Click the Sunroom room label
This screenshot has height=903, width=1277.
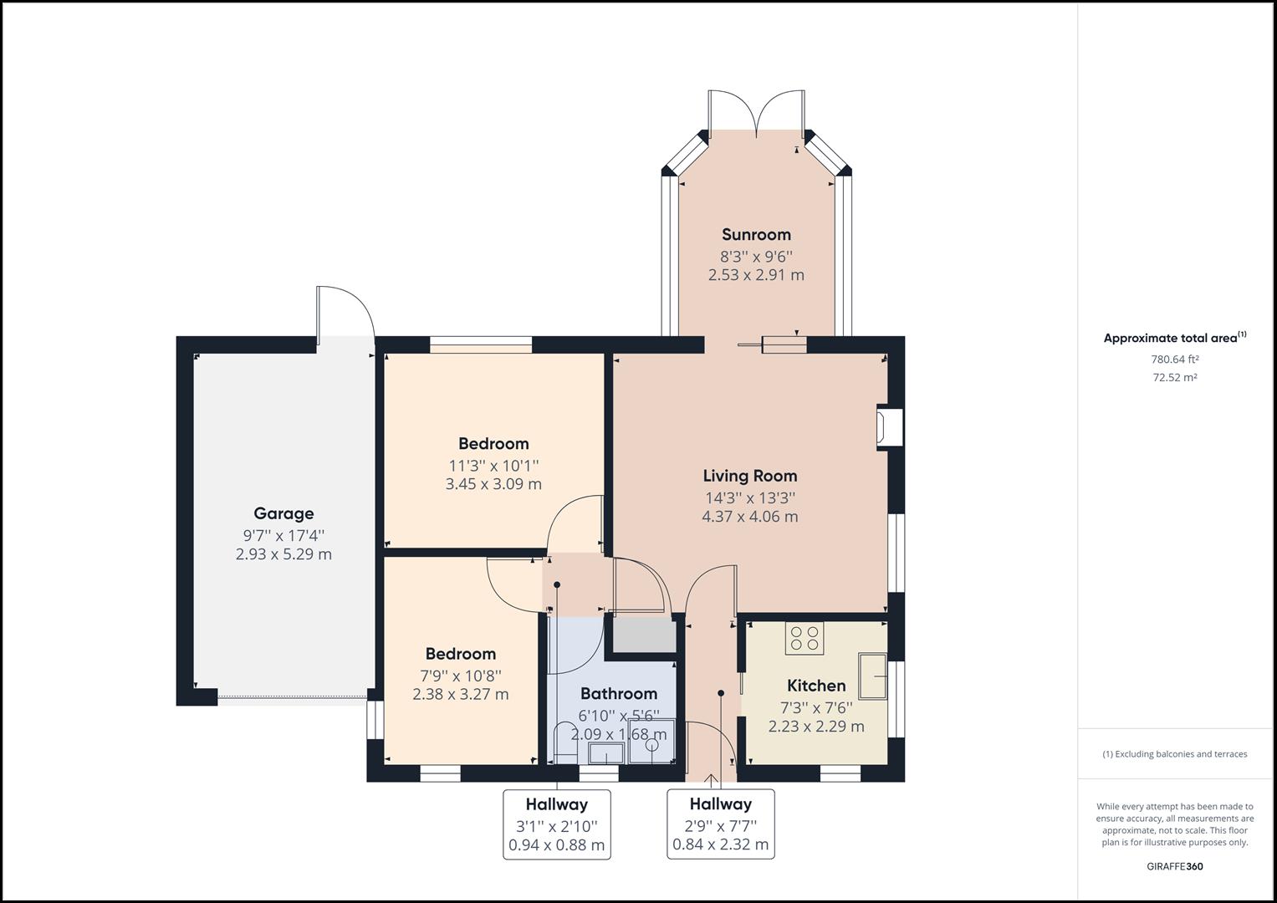[756, 235]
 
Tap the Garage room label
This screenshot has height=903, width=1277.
[283, 514]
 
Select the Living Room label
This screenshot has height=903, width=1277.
[749, 477]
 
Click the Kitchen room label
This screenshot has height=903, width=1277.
[816, 686]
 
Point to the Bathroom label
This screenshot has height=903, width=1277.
[618, 694]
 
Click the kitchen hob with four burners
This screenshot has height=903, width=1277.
[804, 638]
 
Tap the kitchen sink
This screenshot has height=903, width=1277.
[872, 675]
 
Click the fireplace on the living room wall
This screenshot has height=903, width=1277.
[888, 427]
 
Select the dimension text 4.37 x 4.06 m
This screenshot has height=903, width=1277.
[749, 517]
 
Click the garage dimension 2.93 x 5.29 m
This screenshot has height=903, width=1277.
[283, 554]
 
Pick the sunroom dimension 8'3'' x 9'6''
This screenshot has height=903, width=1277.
[756, 256]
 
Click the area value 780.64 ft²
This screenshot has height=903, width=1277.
[1174, 360]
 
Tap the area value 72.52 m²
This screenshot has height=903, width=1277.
[1174, 377]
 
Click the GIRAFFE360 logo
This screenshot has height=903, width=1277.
[1174, 866]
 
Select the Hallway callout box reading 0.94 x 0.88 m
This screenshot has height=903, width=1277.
[556, 824]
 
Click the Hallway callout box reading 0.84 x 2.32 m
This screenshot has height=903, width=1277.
[720, 824]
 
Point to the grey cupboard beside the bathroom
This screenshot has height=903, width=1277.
[644, 635]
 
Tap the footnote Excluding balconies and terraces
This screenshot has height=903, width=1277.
[1174, 754]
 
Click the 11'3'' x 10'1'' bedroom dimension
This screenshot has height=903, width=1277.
[493, 465]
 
